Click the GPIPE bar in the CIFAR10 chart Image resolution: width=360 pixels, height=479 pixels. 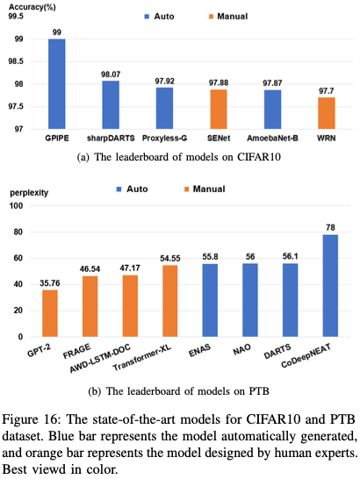tap(56, 83)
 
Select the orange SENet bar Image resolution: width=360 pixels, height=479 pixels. tap(219, 109)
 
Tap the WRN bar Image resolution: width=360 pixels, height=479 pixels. tap(327, 113)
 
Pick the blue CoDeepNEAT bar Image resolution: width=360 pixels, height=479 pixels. tap(330, 286)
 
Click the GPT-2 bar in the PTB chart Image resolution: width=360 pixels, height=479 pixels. tap(50, 313)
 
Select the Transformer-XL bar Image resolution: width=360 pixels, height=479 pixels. tap(169, 301)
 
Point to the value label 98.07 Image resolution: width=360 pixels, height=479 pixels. tap(111, 75)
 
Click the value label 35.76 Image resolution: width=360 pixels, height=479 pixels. tap(50, 283)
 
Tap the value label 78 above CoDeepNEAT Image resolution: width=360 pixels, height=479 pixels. tap(331, 227)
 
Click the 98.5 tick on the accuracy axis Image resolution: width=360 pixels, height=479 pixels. tap(16, 61)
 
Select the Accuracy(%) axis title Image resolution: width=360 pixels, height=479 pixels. tap(32, 7)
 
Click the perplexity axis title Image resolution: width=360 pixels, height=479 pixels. tap(29, 193)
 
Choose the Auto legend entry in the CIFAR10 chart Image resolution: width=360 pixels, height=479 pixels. tap(159, 17)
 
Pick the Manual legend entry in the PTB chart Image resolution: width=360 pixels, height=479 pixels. tap(205, 189)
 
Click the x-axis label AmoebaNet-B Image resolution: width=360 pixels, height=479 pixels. tap(272, 139)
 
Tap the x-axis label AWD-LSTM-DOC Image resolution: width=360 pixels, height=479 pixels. tap(100, 358)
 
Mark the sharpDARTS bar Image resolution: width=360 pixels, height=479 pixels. tap(111, 104)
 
